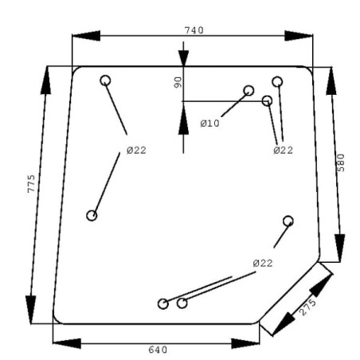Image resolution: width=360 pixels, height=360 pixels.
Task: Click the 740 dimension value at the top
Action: [194, 30]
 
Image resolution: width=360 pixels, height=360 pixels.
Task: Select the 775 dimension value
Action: [31, 184]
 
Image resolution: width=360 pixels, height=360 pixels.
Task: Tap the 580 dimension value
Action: [341, 162]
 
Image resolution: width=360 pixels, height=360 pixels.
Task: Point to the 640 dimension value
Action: [158, 350]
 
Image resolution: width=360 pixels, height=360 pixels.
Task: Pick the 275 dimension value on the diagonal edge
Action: [307, 307]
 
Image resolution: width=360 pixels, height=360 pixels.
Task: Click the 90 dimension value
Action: [178, 82]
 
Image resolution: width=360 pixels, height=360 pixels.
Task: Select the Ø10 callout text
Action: [209, 123]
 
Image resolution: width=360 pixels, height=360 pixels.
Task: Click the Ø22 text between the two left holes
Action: [136, 151]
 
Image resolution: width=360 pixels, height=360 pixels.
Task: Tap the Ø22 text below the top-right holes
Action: [284, 151]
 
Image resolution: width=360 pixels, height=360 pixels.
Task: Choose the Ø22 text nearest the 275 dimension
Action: [263, 264]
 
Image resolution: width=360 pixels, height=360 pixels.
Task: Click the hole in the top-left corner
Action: [105, 80]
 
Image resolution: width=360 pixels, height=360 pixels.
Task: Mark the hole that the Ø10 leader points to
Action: [248, 91]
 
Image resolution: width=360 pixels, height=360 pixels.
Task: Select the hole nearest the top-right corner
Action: [277, 82]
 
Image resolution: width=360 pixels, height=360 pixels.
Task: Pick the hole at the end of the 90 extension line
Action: [267, 101]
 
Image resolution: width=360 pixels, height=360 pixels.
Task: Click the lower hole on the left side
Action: [92, 216]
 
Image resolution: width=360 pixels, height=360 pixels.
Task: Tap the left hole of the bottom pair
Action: [163, 303]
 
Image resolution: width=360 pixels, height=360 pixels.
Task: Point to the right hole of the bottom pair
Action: [182, 303]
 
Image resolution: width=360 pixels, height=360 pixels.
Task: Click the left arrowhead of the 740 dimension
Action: [86, 36]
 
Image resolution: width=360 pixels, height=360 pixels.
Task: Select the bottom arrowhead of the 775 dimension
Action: [31, 310]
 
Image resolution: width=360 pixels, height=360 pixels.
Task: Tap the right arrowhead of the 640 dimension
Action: [245, 343]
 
